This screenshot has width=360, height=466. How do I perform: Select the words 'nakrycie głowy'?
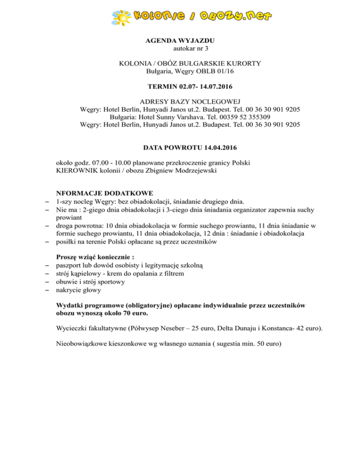77,290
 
